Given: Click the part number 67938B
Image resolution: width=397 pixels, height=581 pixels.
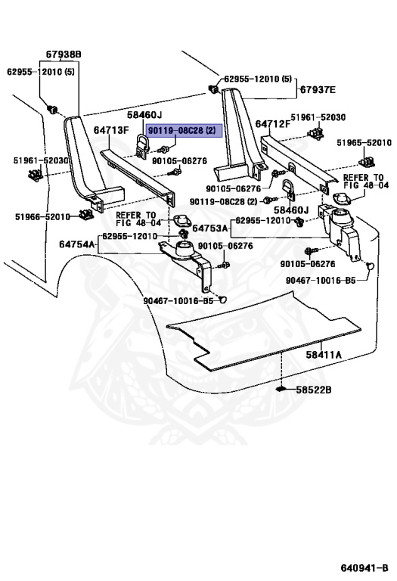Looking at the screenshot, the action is coord(64,54).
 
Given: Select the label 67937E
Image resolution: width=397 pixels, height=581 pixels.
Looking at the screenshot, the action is coord(318,90).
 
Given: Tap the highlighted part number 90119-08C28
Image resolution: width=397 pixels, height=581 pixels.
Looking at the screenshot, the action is coord(181,130).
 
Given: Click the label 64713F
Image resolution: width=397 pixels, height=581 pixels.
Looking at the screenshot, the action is coord(111,130).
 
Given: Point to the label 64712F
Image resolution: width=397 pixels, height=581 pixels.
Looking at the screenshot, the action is coord(273,124).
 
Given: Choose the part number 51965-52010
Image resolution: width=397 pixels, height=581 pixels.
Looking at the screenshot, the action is coord(364,143).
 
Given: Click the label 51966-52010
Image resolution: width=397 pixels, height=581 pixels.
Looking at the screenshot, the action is coord(42,216).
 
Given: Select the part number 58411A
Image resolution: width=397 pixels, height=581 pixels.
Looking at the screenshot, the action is coord(324,355).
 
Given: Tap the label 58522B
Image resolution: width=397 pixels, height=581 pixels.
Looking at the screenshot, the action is coord(314,390).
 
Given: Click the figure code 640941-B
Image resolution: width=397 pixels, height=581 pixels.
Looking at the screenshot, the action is coord(364,568).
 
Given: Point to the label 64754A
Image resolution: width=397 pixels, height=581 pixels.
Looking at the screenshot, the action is coord(76,244).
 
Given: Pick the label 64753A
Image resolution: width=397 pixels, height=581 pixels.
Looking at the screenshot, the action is coord(210,228).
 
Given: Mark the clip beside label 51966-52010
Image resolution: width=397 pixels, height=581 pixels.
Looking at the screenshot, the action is coord(85,213).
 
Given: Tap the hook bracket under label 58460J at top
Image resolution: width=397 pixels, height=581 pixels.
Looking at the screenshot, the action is coord(142,145).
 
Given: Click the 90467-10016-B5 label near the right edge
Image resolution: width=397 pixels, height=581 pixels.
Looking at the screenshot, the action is coord(321,280).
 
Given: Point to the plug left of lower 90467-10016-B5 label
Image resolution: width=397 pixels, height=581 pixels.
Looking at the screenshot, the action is coord(222,299).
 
